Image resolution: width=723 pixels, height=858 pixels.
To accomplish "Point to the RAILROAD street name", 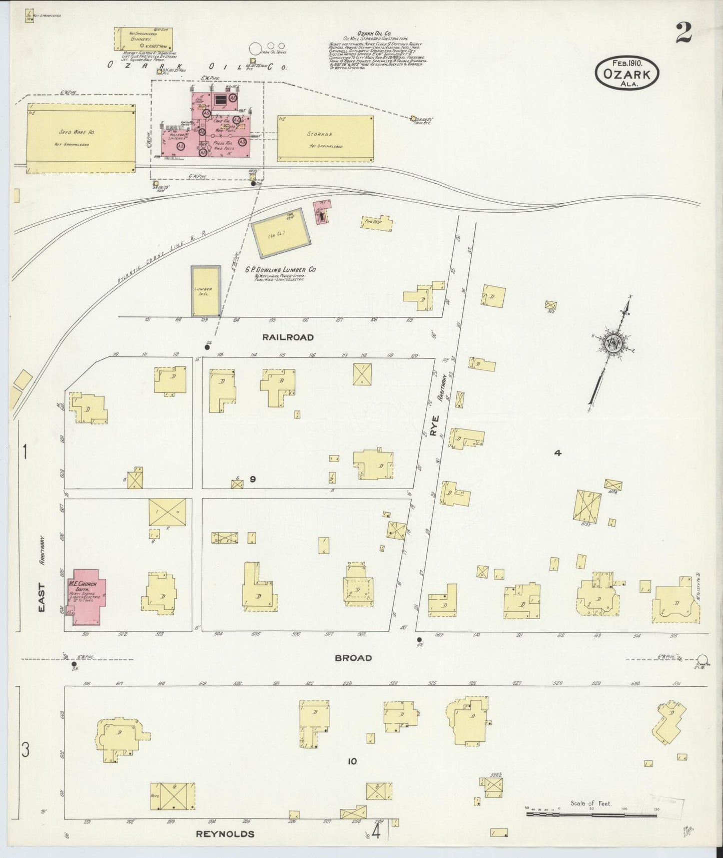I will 288,337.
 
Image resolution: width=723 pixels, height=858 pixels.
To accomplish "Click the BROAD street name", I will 354,658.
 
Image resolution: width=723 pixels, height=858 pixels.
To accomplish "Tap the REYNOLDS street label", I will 225,834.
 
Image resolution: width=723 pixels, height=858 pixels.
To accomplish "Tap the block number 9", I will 253,479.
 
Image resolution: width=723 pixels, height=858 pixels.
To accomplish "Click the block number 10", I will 352,761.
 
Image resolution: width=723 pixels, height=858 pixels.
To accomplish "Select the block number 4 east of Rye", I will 558,453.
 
